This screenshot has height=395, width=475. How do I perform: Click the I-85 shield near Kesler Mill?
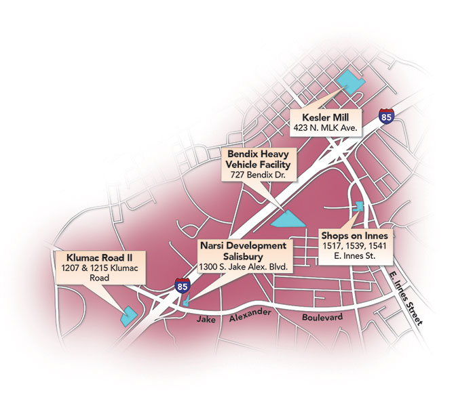(x=386, y=117)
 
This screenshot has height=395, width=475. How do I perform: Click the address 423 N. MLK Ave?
(x=326, y=127)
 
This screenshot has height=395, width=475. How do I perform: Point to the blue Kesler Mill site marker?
(x=351, y=78)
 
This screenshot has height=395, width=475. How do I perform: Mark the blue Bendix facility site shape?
(x=288, y=218)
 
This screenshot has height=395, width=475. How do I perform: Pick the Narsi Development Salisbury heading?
(x=243, y=249)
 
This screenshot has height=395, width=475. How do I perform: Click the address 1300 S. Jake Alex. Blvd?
(x=244, y=267)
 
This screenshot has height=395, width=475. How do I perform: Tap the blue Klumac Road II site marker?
(x=128, y=316)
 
